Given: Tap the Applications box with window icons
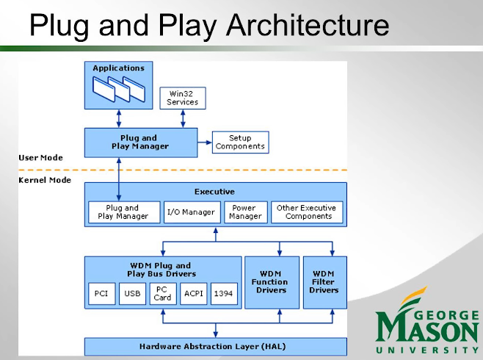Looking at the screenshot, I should tap(118, 84).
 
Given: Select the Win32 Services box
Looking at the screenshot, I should tap(182, 98).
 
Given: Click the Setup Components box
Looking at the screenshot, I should tap(240, 142).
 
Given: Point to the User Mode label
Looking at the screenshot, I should tap(40, 157).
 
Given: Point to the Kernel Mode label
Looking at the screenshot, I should tap(45, 180).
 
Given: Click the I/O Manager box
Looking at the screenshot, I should tap(191, 212).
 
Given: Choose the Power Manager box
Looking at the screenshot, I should tap(245, 212).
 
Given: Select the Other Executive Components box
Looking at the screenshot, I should tap(306, 212).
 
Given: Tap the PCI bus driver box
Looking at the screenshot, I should tap(101, 294).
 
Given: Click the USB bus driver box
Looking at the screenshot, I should tap(132, 294).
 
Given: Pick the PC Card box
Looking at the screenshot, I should tap(163, 294).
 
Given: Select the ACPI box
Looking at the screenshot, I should tap(194, 294).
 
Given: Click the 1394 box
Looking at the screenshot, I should tap(224, 294).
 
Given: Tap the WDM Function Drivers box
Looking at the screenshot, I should tap(271, 282).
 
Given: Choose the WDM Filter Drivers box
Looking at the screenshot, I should tap(324, 282).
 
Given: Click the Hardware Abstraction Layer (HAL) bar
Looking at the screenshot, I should tap(213, 346).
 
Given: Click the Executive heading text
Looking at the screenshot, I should tap(214, 192).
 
